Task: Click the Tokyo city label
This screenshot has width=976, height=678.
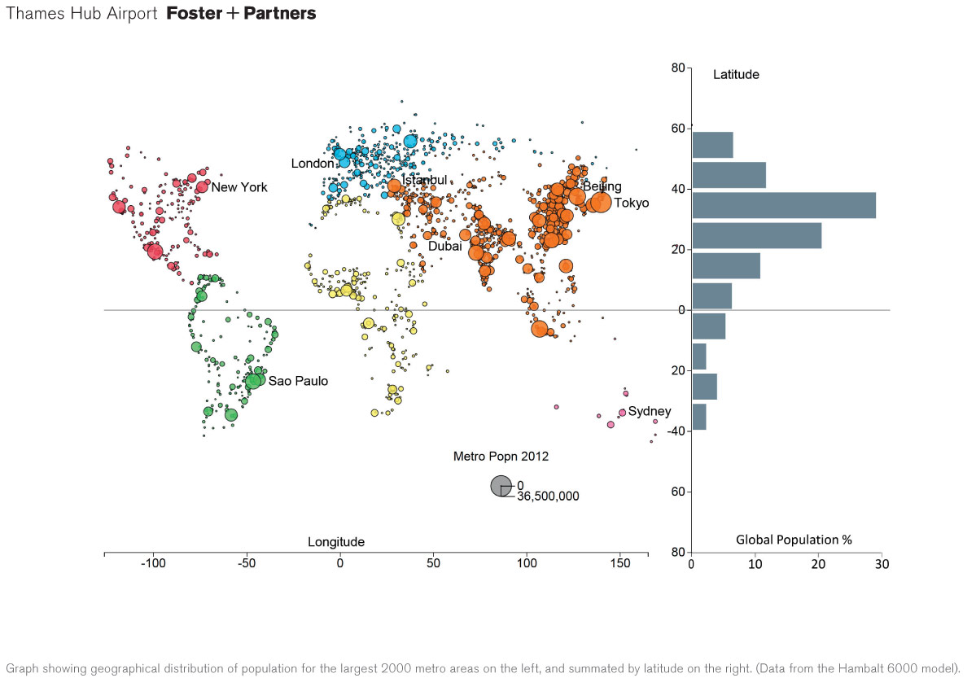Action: (x=631, y=203)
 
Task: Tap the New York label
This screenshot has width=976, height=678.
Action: (x=239, y=187)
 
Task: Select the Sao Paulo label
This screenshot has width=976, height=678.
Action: (x=298, y=381)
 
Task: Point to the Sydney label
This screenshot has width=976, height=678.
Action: (x=649, y=411)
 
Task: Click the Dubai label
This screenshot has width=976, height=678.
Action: (x=444, y=246)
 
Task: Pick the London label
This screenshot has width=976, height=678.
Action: (x=313, y=164)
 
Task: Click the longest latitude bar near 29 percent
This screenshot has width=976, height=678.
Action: (x=783, y=205)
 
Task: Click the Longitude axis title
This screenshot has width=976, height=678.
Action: (x=335, y=542)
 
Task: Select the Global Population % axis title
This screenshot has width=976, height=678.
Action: (x=794, y=540)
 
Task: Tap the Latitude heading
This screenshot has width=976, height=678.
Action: (x=736, y=75)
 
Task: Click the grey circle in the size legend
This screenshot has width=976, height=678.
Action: (x=501, y=486)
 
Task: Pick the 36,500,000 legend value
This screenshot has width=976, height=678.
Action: (x=548, y=496)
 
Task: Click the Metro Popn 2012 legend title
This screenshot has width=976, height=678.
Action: (x=501, y=457)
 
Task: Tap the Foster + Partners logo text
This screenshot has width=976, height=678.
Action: (x=241, y=14)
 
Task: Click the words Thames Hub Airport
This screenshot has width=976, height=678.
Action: (x=81, y=14)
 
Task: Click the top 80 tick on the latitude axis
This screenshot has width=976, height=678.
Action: (x=676, y=68)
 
